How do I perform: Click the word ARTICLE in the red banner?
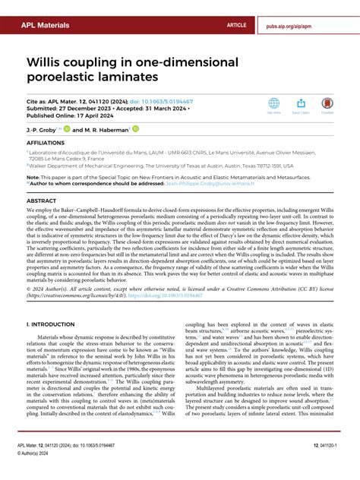(236, 25)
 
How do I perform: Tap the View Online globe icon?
(273, 103)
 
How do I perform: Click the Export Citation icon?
(301, 103)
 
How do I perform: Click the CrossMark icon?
(327, 103)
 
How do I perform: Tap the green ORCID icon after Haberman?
(136, 128)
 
